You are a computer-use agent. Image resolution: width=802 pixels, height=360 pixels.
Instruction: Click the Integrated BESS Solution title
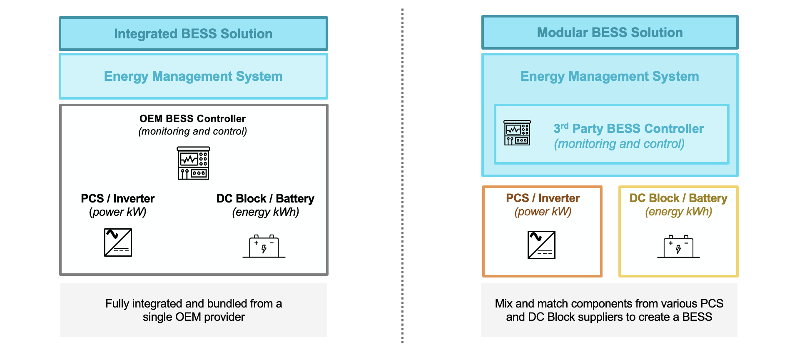[x=193, y=34]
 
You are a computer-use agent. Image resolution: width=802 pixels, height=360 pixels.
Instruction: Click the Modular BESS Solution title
[x=610, y=32]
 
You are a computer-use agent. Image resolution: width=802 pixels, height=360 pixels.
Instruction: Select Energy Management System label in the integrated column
[x=193, y=76]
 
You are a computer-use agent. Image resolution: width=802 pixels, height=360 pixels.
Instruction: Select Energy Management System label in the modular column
[x=610, y=76]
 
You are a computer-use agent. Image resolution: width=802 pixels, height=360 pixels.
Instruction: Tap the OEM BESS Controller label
[x=192, y=119]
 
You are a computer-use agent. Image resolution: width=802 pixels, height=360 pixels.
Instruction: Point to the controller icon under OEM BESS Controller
[x=193, y=163]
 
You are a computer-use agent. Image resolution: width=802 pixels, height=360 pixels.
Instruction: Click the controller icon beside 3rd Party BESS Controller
[x=517, y=133]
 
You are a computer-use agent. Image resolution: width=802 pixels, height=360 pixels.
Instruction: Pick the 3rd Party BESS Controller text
[x=628, y=129]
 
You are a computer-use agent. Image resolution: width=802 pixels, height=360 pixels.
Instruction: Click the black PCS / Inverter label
[x=117, y=198]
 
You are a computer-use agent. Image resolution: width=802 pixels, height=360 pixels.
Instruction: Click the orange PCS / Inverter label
[x=543, y=198]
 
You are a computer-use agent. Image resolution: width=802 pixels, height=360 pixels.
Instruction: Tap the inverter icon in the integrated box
[x=118, y=242]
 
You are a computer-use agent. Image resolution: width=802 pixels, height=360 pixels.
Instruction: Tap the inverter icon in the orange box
[x=541, y=245]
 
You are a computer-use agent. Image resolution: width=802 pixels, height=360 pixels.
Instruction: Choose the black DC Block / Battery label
[x=265, y=198]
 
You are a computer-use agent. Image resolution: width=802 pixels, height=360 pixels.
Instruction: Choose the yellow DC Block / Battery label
[x=678, y=198]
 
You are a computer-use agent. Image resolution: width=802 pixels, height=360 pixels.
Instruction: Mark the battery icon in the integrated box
[x=264, y=247]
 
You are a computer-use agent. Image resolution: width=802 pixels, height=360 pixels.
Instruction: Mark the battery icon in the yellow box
[x=678, y=247]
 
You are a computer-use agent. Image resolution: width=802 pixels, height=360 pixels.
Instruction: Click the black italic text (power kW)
[x=117, y=212]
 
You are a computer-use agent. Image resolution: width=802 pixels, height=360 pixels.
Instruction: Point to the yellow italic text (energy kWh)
[x=678, y=212]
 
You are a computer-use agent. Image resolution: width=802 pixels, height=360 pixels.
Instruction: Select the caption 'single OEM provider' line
[x=194, y=317]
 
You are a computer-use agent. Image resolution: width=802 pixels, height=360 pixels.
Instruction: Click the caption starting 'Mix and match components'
[x=609, y=304]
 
